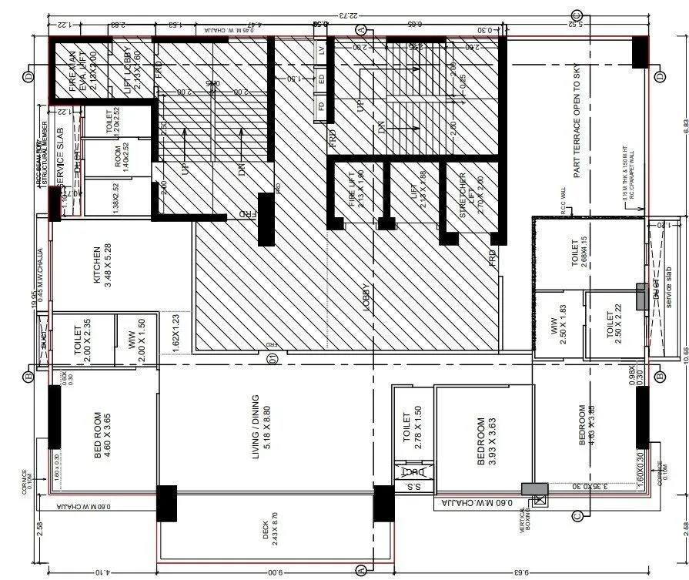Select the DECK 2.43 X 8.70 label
(x=272, y=530)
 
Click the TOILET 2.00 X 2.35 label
(x=83, y=341)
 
